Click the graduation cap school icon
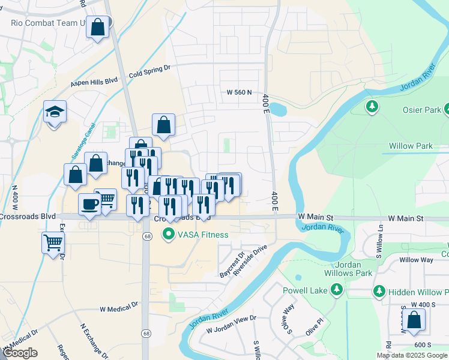(55, 112)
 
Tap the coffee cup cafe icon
(90, 203)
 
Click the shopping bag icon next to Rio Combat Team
(98, 27)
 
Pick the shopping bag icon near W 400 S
(415, 320)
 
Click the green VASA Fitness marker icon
(169, 235)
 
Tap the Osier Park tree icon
(372, 107)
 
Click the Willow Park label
(411, 146)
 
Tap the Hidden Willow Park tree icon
(379, 292)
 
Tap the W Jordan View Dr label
(231, 324)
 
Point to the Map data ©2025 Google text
(412, 355)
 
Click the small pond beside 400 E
(278, 110)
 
